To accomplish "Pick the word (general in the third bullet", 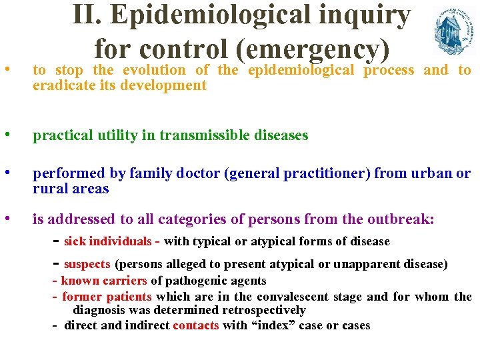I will point(251,174).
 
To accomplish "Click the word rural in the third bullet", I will point(49,189).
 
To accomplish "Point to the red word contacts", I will point(197,325).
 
